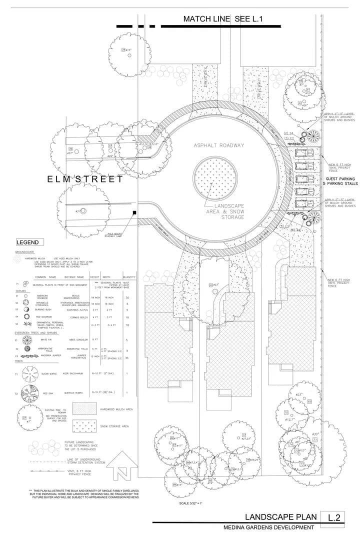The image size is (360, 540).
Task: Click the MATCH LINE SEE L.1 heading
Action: pyautogui.click(x=223, y=19)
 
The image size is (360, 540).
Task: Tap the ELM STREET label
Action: pyautogui.click(x=85, y=179)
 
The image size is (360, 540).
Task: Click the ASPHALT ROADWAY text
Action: pyautogui.click(x=219, y=145)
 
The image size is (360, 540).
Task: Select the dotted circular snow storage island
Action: pyautogui.click(x=212, y=177)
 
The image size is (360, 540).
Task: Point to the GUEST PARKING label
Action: pyautogui.click(x=340, y=179)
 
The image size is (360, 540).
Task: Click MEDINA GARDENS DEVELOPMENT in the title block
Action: pyautogui.click(x=269, y=527)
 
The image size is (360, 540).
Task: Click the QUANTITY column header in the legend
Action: pyautogui.click(x=129, y=276)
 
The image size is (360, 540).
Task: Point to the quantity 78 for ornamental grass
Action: pyautogui.click(x=127, y=325)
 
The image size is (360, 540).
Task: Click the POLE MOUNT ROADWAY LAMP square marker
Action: pyautogui.click(x=134, y=213)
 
